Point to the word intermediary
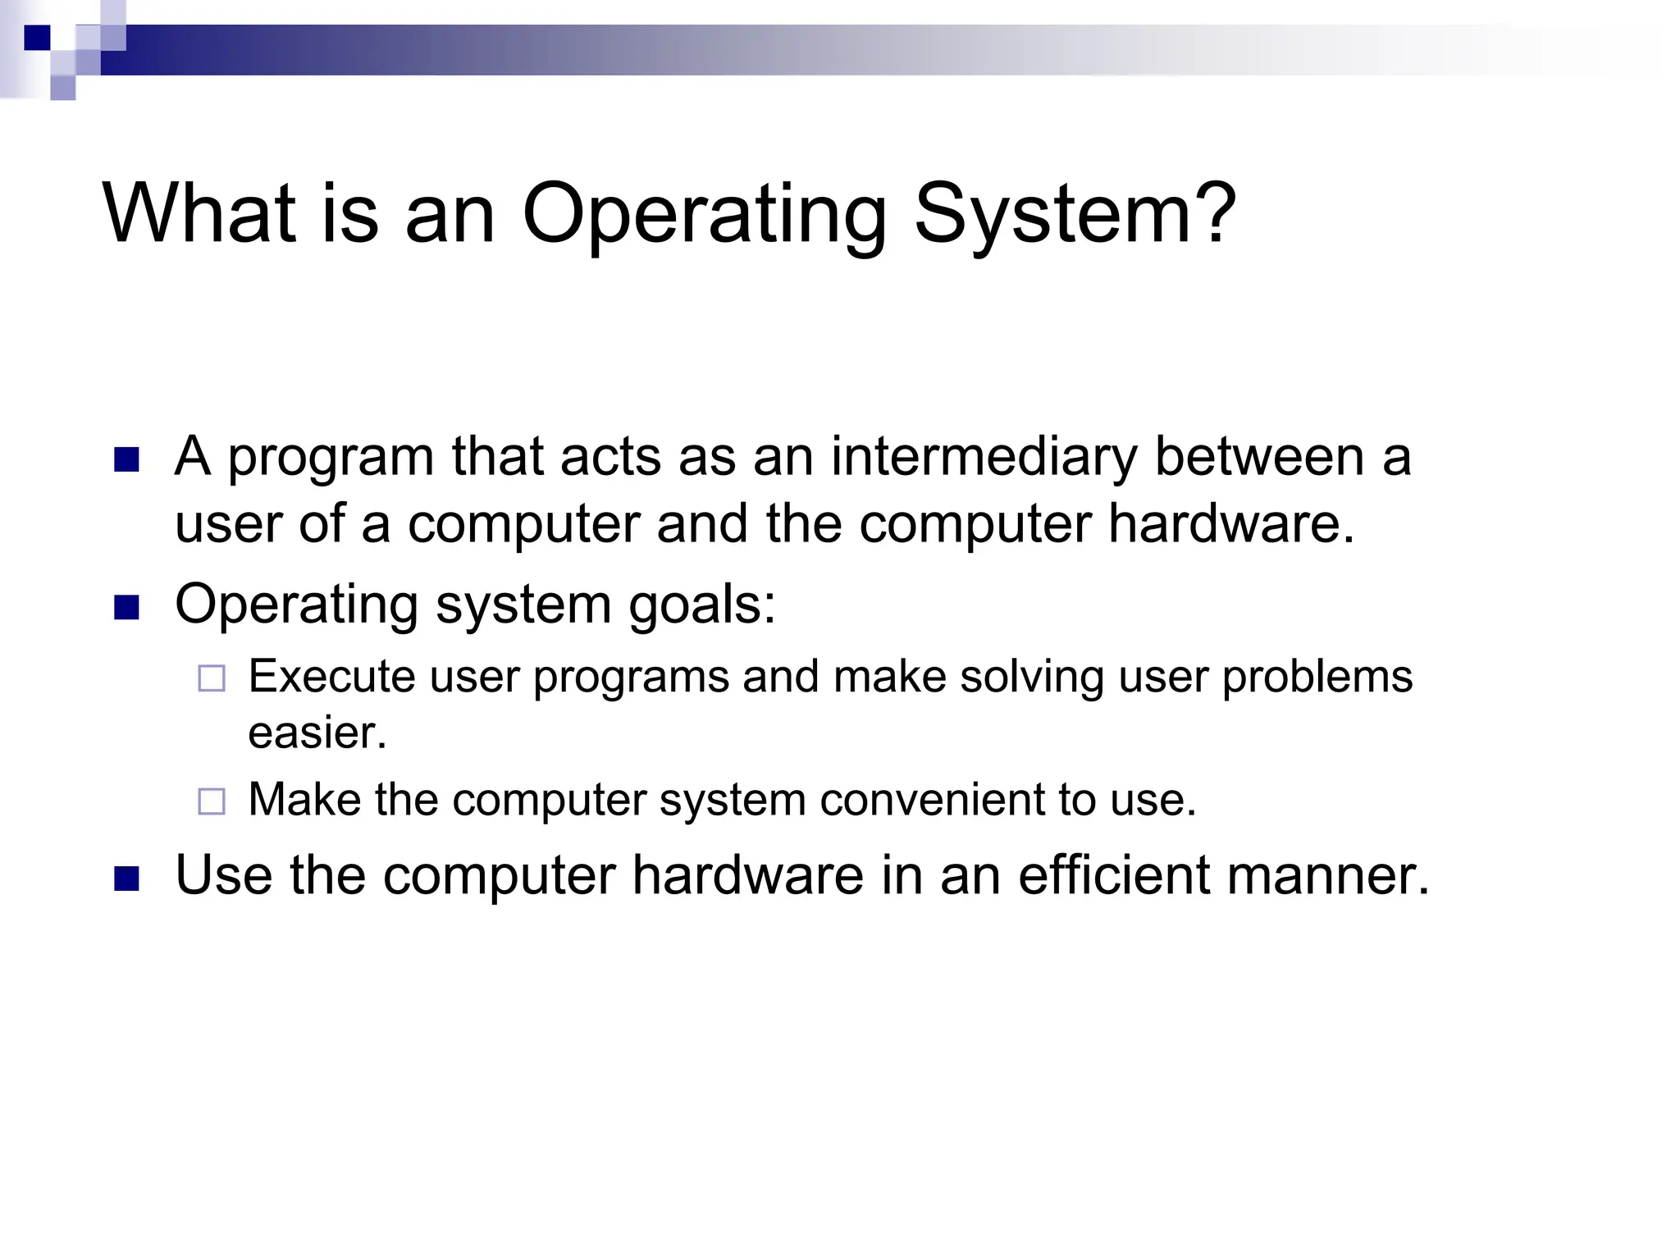(x=984, y=457)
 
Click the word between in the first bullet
(x=1259, y=457)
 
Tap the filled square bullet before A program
(x=126, y=459)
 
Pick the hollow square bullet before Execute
(x=212, y=678)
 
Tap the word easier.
(x=317, y=733)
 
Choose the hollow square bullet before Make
(x=212, y=801)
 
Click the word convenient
(x=932, y=800)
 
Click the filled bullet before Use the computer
(x=126, y=879)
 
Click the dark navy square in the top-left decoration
(x=37, y=38)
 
